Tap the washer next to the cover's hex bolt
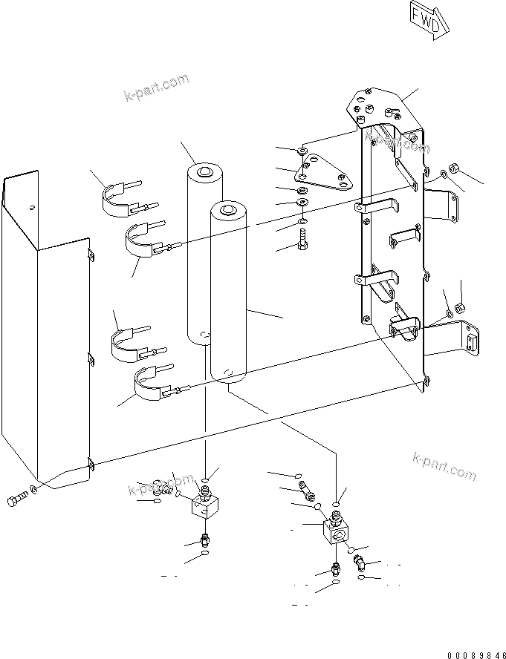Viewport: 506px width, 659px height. [x=35, y=490]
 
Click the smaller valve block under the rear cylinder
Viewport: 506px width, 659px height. [x=204, y=508]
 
